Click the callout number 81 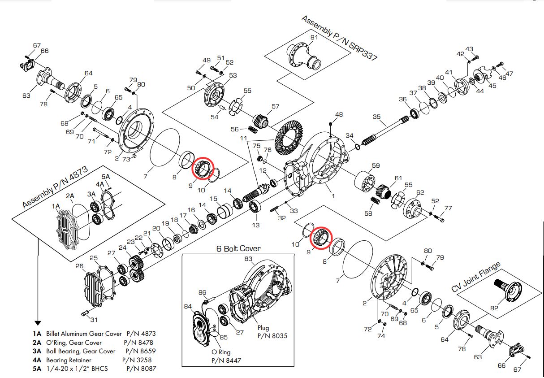[x=314, y=37]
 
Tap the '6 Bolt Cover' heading [x=238, y=248]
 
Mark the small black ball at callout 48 [x=330, y=123]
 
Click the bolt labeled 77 [x=440, y=220]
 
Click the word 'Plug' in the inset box [x=263, y=328]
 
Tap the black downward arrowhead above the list [x=38, y=322]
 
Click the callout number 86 [x=202, y=293]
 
